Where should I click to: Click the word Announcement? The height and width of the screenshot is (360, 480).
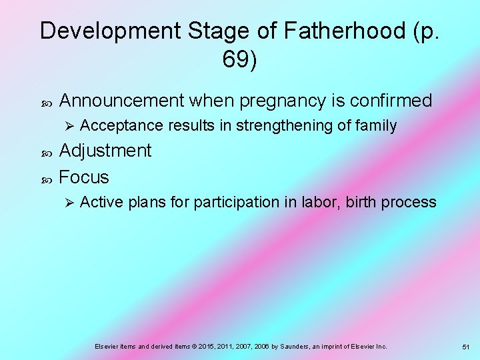click(121, 101)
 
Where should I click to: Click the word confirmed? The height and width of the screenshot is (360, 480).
click(391, 101)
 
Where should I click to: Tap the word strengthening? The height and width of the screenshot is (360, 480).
click(291, 125)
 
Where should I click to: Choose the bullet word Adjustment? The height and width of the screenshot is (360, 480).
click(105, 151)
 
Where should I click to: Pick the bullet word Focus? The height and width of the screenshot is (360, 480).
click(84, 177)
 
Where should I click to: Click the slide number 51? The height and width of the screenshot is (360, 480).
click(465, 347)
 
